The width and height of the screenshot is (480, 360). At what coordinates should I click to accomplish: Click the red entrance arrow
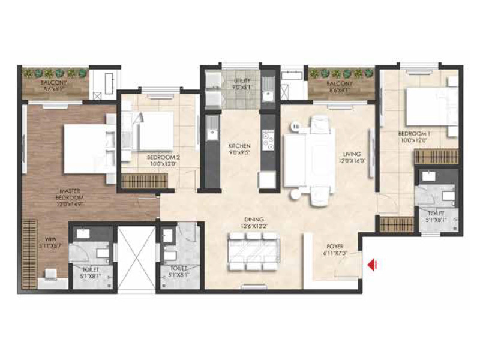tap(373, 263)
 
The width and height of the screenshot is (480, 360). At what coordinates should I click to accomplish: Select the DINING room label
tap(254, 220)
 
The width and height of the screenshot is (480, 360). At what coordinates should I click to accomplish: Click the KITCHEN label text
tap(239, 146)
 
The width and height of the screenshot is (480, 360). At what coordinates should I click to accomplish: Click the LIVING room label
tap(346, 153)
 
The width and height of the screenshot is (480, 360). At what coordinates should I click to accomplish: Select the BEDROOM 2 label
tap(160, 158)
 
